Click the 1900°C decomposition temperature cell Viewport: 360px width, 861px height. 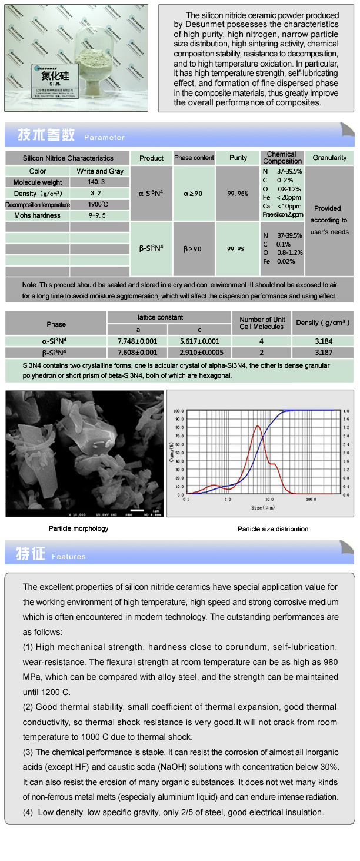97,205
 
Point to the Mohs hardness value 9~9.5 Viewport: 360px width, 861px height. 98,215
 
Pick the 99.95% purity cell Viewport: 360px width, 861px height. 238,194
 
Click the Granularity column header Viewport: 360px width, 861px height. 329,158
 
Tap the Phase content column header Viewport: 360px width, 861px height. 194,158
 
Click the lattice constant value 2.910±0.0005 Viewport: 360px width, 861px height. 199,353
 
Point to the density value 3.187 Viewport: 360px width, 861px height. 324,353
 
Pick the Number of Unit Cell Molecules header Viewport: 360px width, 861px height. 261,323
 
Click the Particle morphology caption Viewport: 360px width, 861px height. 79,528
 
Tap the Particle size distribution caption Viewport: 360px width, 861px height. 273,529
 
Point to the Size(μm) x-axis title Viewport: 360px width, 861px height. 263,507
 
